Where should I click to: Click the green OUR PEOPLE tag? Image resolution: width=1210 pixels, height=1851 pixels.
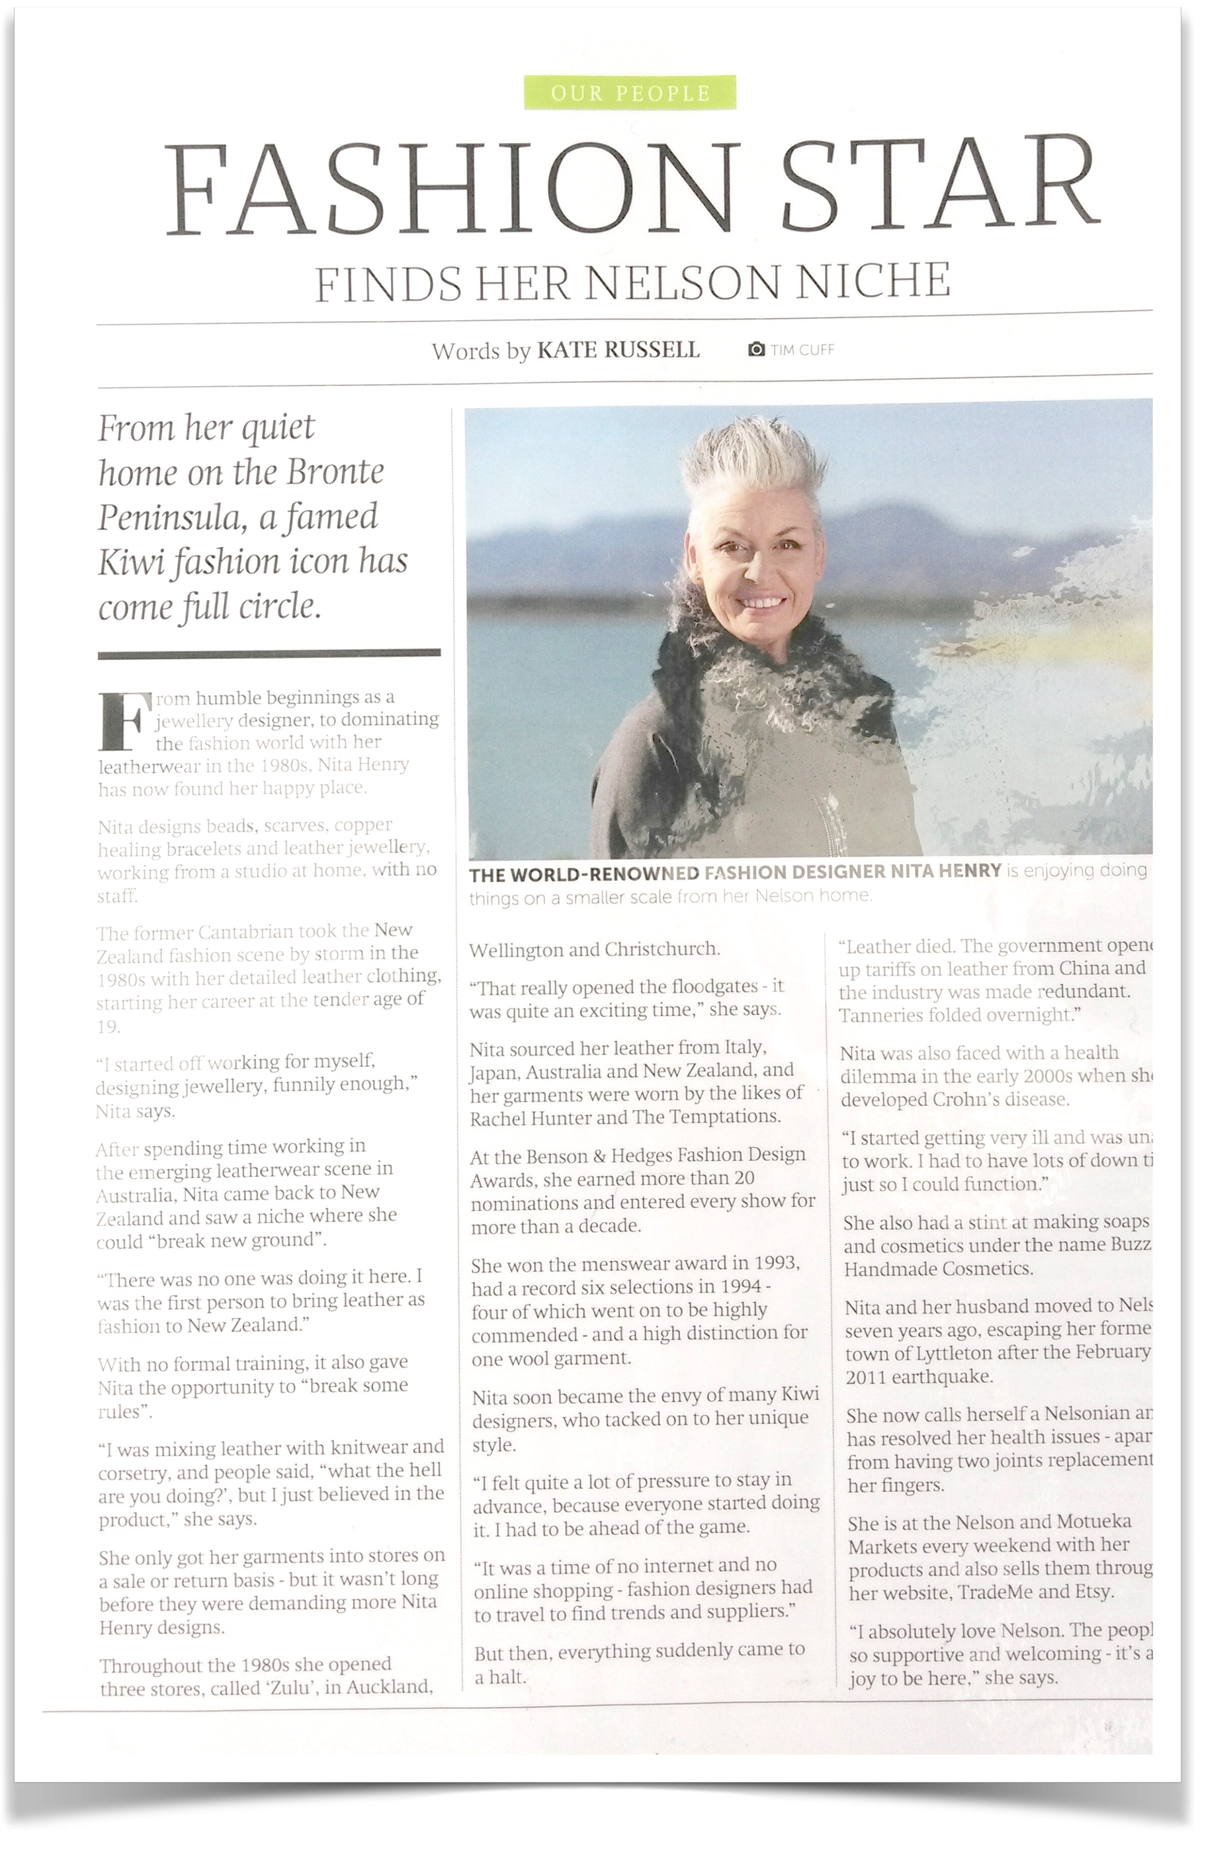[630, 93]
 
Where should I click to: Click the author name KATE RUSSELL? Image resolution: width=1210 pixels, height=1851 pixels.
[618, 350]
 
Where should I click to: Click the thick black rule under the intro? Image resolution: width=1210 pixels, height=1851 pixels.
[269, 654]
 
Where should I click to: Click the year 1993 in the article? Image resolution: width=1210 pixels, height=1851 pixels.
[774, 1263]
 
